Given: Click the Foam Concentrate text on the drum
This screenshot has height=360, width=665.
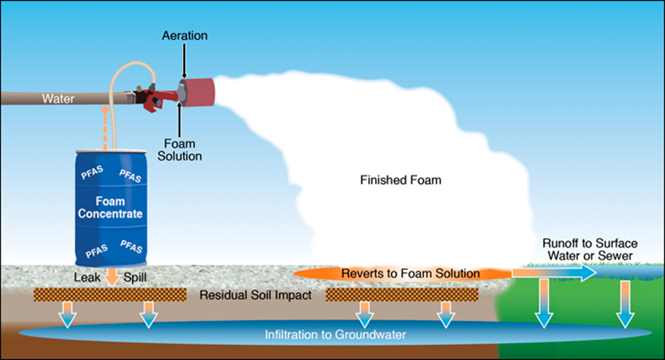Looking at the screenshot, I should [110, 207].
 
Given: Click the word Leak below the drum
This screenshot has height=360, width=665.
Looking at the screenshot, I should [86, 278].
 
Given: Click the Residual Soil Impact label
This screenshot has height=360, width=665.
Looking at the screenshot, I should [256, 296].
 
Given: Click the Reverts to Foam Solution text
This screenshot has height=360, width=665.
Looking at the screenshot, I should [401, 273].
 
